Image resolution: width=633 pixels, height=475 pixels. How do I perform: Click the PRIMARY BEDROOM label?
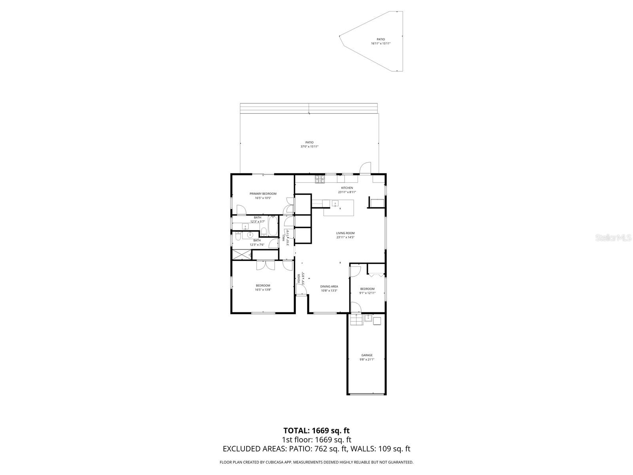[263, 194]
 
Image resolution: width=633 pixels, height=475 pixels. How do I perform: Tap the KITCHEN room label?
[347, 188]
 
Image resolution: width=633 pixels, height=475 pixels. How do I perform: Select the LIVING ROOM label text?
[345, 233]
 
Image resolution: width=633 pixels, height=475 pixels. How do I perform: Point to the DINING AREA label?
[329, 286]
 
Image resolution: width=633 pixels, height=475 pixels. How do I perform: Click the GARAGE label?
[367, 355]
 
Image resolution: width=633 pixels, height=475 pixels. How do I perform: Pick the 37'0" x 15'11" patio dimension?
[309, 146]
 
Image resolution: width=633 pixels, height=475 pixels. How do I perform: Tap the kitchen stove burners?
[320, 179]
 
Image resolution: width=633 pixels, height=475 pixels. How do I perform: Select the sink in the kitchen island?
[335, 204]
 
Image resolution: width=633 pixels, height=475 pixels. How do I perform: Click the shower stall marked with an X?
[241, 255]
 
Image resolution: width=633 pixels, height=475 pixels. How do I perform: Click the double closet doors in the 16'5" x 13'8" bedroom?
[265, 265]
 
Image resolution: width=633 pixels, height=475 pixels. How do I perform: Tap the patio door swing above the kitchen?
[365, 168]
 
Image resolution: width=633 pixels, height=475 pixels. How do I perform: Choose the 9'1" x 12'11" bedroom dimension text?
[367, 293]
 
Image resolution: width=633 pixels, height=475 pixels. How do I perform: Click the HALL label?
[284, 237]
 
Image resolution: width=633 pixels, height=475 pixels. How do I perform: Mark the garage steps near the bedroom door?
[356, 319]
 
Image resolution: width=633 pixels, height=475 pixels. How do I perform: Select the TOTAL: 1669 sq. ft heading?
[316, 430]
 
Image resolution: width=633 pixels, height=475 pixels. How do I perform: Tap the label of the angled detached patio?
[381, 39]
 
